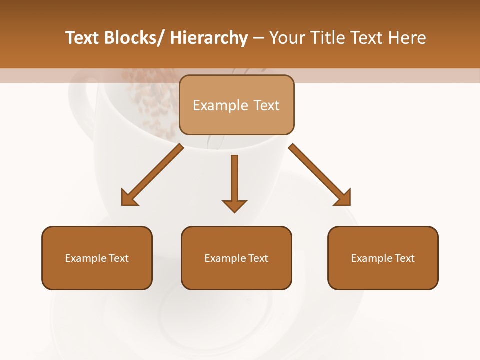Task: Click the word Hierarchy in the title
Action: click(209, 38)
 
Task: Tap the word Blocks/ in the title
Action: click(132, 38)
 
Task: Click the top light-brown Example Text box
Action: click(236, 105)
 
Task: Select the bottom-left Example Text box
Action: click(97, 258)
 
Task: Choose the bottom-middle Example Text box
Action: click(236, 258)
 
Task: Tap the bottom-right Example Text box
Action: click(383, 258)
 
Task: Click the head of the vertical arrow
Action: click(234, 205)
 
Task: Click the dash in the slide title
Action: click(258, 38)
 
